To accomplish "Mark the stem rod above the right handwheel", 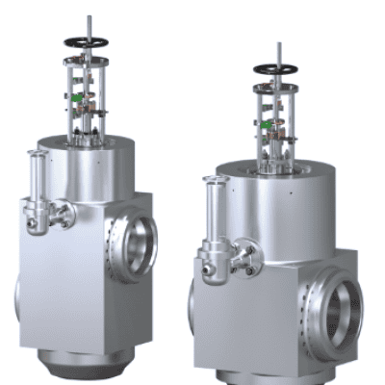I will tap(280, 53).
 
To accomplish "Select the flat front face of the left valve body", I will tap(63, 289).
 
